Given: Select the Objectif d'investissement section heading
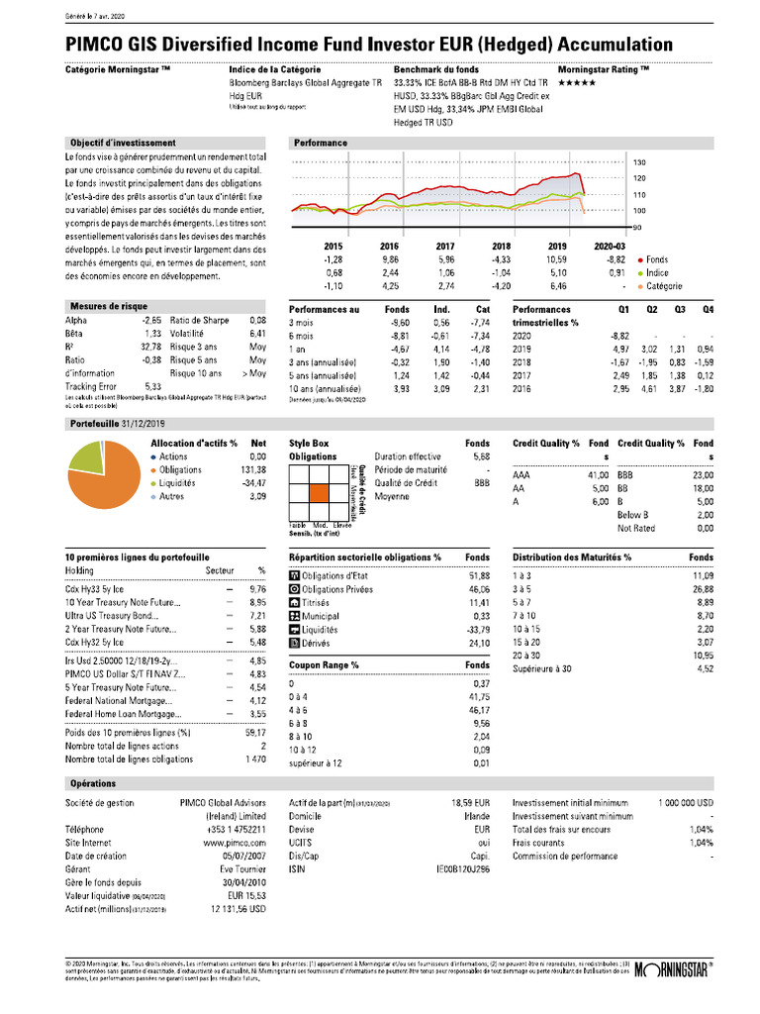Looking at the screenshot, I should pyautogui.click(x=121, y=143).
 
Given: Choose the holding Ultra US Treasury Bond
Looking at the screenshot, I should pyautogui.click(x=109, y=615).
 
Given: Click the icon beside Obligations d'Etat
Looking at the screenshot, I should pyautogui.click(x=293, y=575).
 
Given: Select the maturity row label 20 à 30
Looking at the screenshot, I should pyautogui.click(x=526, y=657).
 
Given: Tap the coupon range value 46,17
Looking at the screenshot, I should pyautogui.click(x=478, y=710).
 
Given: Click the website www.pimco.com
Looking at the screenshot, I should pyautogui.click(x=231, y=841).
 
